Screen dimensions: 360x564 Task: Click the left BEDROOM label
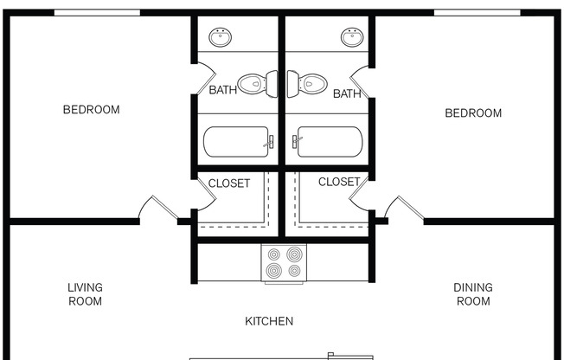(91, 110)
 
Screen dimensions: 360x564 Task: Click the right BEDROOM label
(473, 113)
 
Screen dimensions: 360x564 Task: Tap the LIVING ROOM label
(85, 294)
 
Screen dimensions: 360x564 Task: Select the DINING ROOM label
(473, 294)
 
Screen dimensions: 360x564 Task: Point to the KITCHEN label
(269, 321)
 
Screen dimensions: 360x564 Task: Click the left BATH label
(222, 90)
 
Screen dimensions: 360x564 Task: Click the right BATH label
(347, 93)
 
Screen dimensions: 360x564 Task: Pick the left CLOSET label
(228, 183)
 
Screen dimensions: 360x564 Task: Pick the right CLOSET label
(338, 182)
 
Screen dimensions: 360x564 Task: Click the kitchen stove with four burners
(284, 263)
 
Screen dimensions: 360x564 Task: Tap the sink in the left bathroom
(221, 37)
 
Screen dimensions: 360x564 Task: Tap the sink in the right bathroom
(351, 37)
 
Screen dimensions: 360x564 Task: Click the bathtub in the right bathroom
(328, 141)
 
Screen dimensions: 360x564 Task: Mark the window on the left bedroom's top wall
(97, 13)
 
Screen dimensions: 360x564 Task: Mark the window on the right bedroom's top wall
(477, 13)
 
